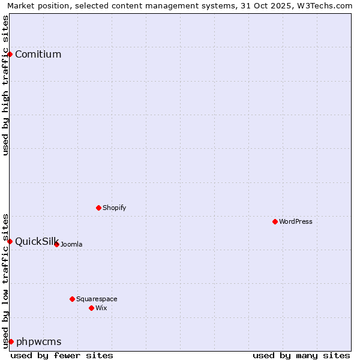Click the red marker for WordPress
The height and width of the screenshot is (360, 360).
click(x=275, y=221)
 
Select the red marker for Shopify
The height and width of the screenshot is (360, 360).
click(x=98, y=208)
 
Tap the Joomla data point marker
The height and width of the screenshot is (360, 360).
click(x=56, y=244)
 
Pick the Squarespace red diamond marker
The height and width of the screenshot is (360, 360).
click(x=72, y=299)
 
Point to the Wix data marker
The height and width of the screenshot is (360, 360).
click(x=91, y=308)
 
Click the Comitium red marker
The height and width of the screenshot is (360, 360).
click(x=10, y=54)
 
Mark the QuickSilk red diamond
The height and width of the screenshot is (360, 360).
click(x=10, y=241)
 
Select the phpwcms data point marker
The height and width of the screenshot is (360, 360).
click(x=11, y=341)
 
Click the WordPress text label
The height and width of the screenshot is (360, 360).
click(x=296, y=221)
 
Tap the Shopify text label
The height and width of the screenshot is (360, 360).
click(x=114, y=208)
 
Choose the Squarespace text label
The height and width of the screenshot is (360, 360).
click(x=97, y=299)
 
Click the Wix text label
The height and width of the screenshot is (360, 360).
click(x=101, y=308)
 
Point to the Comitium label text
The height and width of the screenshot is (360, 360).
click(x=38, y=54)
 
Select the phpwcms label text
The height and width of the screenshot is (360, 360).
click(x=39, y=341)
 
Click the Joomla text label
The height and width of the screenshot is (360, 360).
click(x=71, y=244)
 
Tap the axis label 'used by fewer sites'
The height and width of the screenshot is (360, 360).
click(x=62, y=355)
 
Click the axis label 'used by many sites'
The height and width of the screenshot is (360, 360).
click(x=301, y=355)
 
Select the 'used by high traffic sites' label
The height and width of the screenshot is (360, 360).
click(x=5, y=86)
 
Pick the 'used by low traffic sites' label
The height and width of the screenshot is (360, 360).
click(x=5, y=281)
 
